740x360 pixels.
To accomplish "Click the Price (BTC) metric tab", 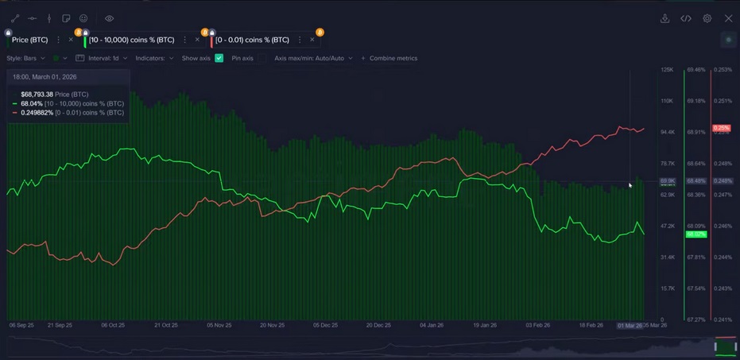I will tap(29, 40).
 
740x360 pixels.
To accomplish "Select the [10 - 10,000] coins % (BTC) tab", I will tap(131, 40).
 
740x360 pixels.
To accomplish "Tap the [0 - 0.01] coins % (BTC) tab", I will tap(252, 40).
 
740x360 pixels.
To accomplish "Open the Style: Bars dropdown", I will tap(26, 58).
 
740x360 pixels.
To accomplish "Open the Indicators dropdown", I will tap(154, 58).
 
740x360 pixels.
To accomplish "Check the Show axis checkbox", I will tap(219, 58).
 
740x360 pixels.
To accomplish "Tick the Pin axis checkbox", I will tap(262, 58).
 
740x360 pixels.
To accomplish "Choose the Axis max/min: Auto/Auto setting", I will tap(313, 58).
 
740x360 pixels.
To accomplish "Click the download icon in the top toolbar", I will tap(664, 18).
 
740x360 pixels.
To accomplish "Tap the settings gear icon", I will tap(707, 18).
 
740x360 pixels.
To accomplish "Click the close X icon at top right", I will tap(728, 18).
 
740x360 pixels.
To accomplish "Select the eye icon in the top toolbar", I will tap(109, 18).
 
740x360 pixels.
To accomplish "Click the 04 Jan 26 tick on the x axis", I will tap(432, 325).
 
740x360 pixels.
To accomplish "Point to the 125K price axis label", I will tap(667, 70).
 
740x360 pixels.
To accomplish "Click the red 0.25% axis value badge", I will tap(722, 128).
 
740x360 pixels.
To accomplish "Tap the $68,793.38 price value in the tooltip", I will tap(37, 95).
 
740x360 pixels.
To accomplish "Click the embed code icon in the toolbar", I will tap(686, 18).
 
